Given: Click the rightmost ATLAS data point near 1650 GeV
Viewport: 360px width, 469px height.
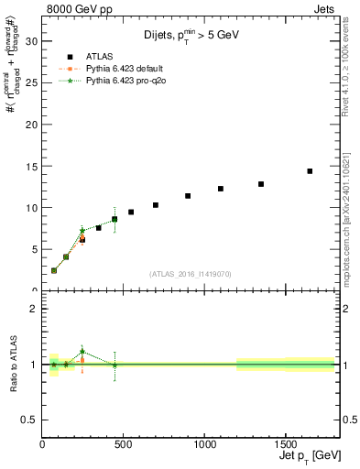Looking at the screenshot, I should pos(310,171).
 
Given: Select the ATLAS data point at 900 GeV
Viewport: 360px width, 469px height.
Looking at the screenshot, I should pos(188,196).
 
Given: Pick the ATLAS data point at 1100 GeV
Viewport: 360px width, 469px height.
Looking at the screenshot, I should pos(221,189).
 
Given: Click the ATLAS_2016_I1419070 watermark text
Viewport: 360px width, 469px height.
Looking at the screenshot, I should pos(191,274).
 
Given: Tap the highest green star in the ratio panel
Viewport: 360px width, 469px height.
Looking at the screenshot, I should pos(82,351).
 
